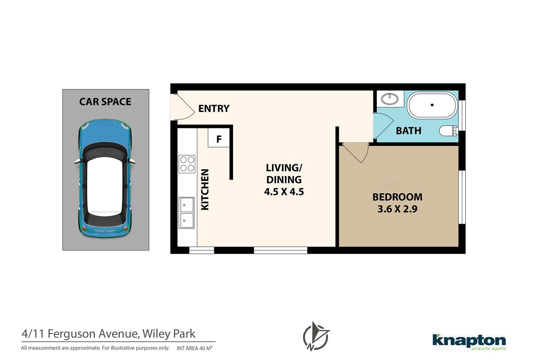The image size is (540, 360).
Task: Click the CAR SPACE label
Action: tap(105, 102)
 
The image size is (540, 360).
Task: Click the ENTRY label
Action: tap(214, 108)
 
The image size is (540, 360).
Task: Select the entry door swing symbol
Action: tap(183, 107)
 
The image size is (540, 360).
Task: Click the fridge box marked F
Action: tap(219, 138)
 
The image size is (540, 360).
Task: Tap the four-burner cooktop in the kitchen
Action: tap(187, 164)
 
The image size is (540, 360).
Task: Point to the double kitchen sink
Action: tap(186, 213)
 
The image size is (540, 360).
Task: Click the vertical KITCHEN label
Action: tap(205, 190)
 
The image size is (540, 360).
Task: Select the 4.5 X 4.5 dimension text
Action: tap(284, 192)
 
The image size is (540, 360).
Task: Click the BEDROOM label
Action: tap(397, 197)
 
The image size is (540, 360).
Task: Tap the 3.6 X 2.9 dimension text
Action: tap(397, 209)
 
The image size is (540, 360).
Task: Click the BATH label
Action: tap(409, 131)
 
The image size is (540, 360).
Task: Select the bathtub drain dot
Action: tap(432, 105)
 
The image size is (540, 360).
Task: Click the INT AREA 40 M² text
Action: tap(195, 348)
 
